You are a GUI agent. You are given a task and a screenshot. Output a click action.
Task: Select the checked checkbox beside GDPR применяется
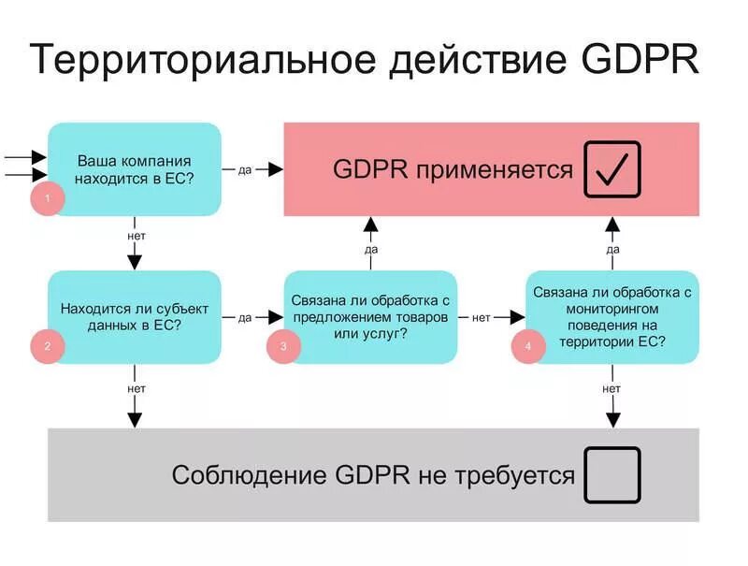(612, 169)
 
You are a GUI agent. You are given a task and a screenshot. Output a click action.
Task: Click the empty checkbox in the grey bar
(612, 475)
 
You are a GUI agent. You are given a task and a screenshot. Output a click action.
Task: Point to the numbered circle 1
(47, 198)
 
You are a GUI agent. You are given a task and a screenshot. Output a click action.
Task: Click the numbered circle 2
(47, 346)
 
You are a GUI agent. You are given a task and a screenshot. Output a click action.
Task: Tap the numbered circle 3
(284, 346)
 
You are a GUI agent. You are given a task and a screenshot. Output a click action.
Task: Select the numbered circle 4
(527, 346)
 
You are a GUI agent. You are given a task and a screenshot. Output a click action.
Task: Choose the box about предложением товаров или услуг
(370, 316)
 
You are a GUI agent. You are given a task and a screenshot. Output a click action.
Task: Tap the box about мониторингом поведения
(612, 316)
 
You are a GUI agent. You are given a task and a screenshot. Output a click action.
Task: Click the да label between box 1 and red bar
(245, 169)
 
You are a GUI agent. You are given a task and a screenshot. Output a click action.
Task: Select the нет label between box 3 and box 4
(482, 317)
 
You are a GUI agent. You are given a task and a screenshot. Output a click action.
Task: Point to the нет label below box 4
(611, 388)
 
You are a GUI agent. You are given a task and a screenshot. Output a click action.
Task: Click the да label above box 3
(371, 250)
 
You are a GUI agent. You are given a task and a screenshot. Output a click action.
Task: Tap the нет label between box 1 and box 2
(136, 236)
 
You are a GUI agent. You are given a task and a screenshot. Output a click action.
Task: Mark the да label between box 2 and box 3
(245, 317)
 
